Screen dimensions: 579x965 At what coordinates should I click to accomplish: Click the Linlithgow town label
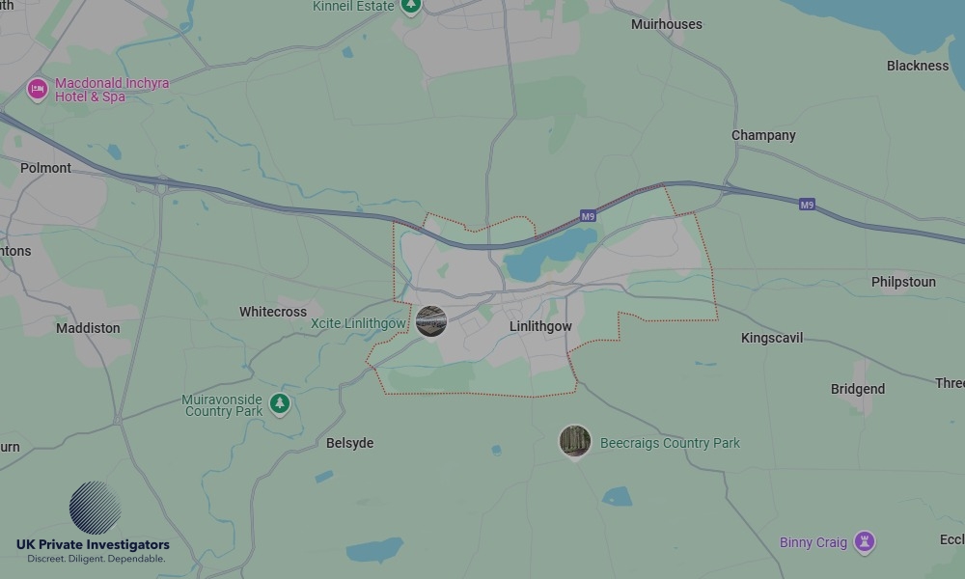(x=540, y=326)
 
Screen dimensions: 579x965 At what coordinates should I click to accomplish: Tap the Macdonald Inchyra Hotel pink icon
(x=38, y=90)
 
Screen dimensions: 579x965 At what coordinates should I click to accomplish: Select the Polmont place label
(x=45, y=168)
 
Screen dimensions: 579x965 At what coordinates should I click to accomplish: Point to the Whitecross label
(x=273, y=312)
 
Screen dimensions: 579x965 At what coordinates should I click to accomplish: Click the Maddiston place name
(x=88, y=328)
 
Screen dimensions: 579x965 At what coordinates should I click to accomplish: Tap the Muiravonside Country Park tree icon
(x=280, y=403)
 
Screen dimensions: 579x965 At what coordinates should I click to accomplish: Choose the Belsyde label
(x=349, y=443)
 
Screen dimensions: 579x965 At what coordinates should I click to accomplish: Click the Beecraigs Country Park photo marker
(x=575, y=441)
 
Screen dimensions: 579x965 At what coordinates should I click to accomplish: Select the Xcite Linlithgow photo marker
(x=431, y=321)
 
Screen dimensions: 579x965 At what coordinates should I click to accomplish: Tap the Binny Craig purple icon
(x=866, y=541)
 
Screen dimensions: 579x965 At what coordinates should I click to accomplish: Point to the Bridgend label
(x=858, y=389)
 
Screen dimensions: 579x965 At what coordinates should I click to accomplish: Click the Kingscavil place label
(x=772, y=338)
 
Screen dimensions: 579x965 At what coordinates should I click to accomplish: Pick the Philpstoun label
(x=903, y=282)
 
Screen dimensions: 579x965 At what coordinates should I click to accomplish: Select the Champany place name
(x=763, y=135)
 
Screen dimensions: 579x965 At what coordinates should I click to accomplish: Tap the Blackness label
(x=918, y=66)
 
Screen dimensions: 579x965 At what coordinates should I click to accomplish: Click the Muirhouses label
(x=667, y=23)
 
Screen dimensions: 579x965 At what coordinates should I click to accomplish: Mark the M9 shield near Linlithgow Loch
(x=588, y=216)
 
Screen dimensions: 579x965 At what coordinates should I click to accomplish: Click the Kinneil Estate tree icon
(x=411, y=6)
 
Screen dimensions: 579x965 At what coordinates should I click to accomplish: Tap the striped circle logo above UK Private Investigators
(x=95, y=508)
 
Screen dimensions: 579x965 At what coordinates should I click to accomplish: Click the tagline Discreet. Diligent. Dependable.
(x=96, y=559)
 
